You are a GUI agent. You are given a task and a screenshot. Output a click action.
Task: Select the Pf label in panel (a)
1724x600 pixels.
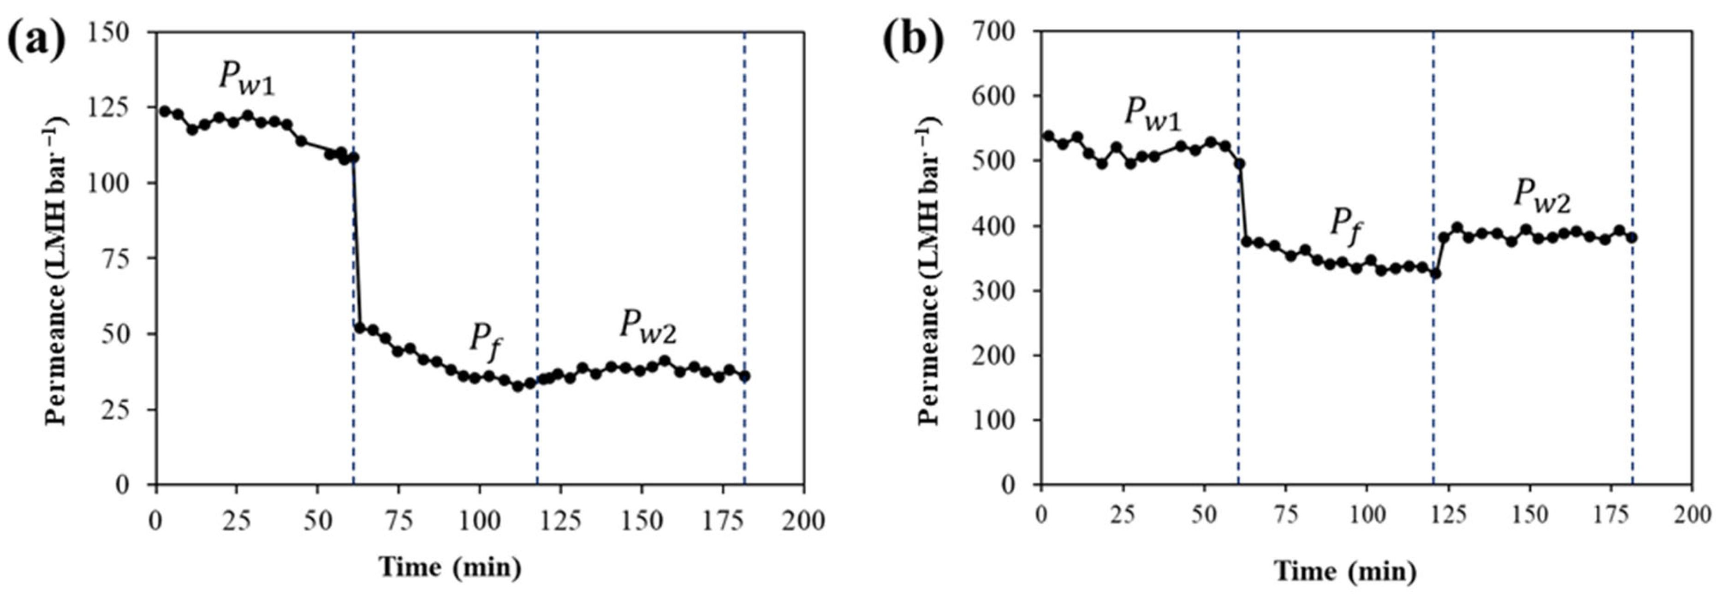[x=485, y=338]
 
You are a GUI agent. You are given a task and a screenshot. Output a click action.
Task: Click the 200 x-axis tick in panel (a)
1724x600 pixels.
[x=803, y=520]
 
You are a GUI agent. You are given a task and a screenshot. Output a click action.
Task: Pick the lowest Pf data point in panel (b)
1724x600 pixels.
[x=1435, y=273]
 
